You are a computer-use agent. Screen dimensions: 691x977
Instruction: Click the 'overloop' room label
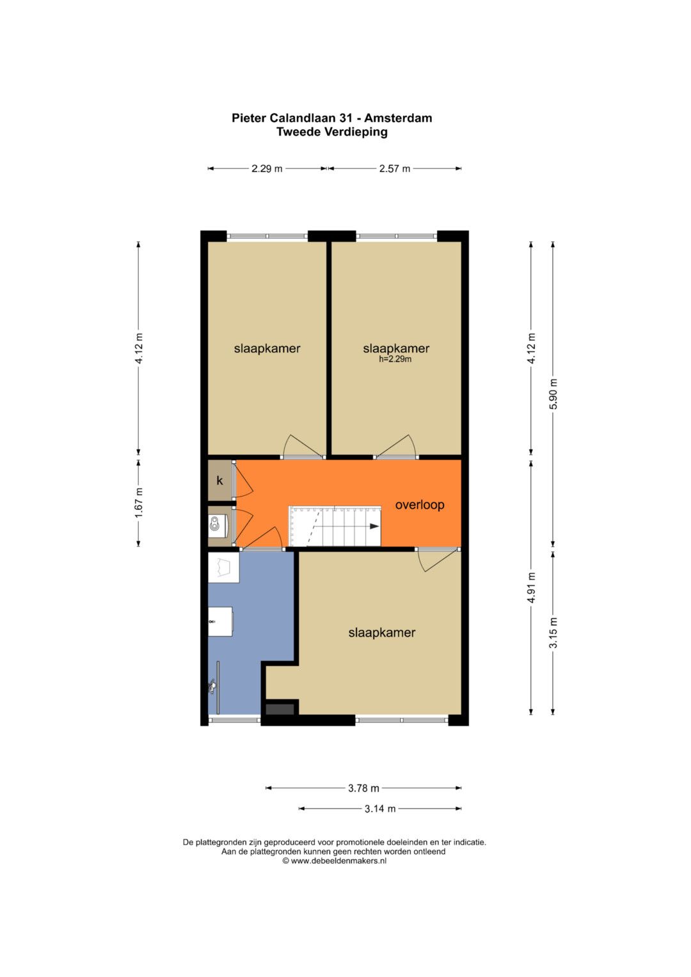click(420, 505)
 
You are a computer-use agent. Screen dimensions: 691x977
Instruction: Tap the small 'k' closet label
click(220, 481)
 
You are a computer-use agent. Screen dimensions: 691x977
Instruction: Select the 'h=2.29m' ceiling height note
click(395, 360)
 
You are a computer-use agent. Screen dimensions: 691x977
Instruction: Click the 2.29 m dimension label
click(267, 169)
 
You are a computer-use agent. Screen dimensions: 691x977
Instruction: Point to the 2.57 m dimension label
click(395, 169)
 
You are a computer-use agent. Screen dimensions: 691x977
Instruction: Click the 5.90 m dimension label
click(553, 394)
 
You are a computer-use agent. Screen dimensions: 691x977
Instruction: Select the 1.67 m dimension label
click(139, 503)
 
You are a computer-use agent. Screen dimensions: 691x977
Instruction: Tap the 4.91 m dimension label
click(531, 587)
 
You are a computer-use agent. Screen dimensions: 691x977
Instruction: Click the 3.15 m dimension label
click(553, 633)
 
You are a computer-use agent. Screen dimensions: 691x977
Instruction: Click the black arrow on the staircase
click(374, 527)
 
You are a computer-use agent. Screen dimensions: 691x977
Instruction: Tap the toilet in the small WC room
click(216, 524)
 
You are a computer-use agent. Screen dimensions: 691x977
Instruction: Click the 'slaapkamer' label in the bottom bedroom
click(382, 633)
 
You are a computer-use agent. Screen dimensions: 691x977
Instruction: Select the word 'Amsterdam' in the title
click(398, 118)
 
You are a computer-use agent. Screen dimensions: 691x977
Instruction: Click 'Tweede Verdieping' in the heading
click(332, 132)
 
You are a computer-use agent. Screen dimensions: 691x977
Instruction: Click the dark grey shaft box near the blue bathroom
click(280, 709)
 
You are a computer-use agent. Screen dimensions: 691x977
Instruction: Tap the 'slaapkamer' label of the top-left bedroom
click(267, 349)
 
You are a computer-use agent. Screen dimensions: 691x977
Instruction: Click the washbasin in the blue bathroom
click(220, 621)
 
